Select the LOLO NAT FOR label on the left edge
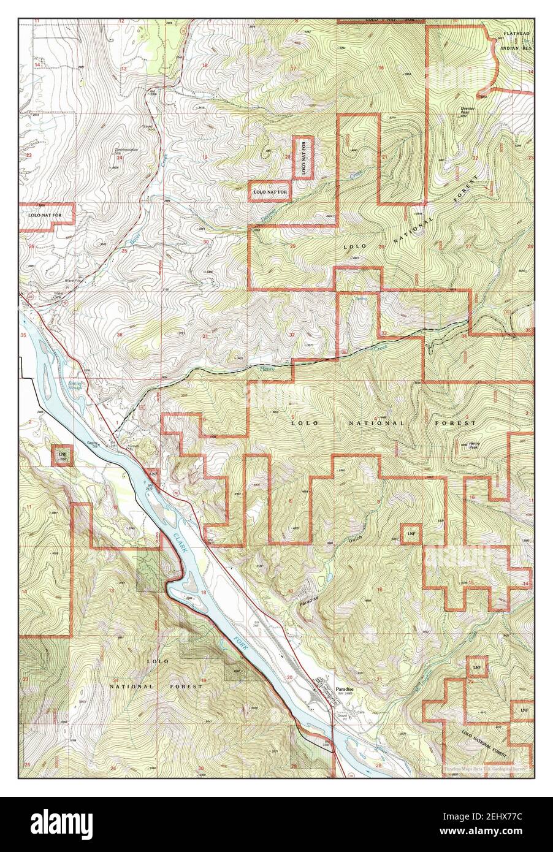point(45,215)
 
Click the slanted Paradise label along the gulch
point(310,602)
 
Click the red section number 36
point(119,334)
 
